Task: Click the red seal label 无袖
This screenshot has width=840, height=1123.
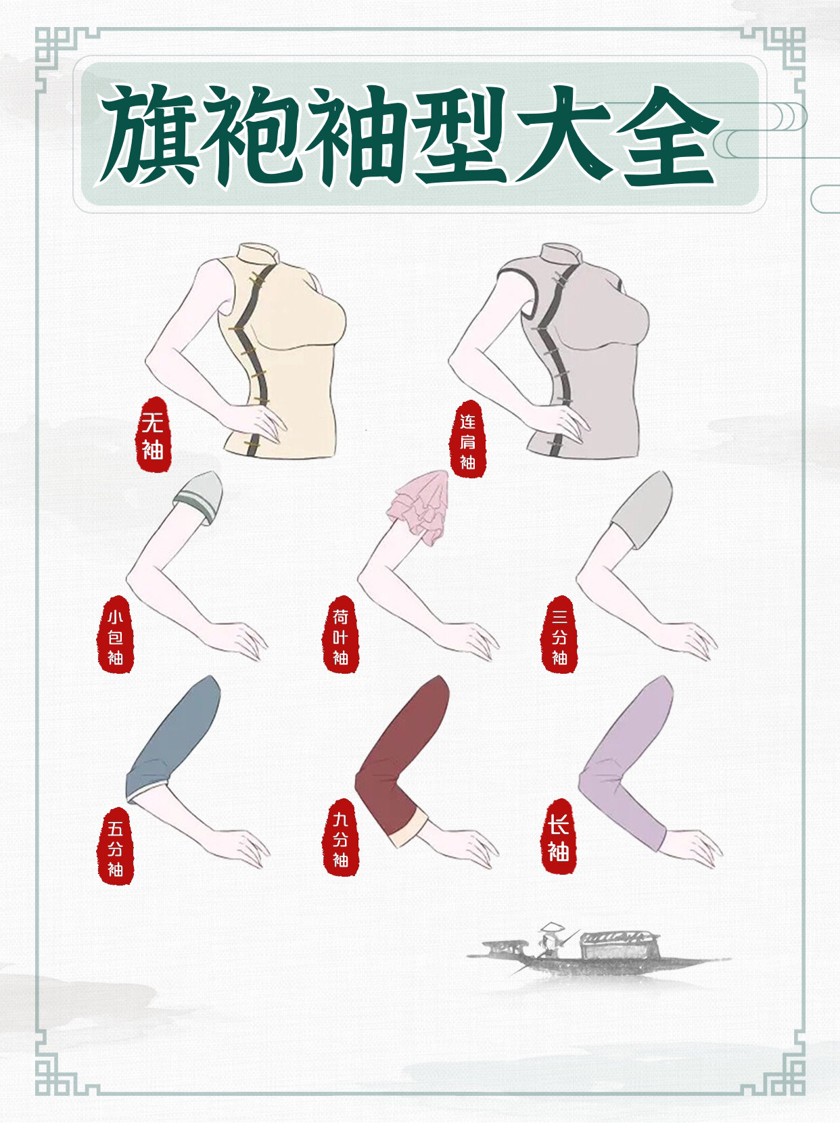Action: click(153, 436)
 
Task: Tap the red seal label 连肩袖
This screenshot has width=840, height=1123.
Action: click(467, 442)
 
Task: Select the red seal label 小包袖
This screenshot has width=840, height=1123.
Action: click(116, 636)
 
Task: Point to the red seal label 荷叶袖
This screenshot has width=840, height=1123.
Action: click(340, 636)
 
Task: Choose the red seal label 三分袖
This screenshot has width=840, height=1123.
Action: click(559, 636)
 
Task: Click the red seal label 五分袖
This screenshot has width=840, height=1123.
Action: click(116, 848)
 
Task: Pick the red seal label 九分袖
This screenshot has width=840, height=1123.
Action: click(340, 839)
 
